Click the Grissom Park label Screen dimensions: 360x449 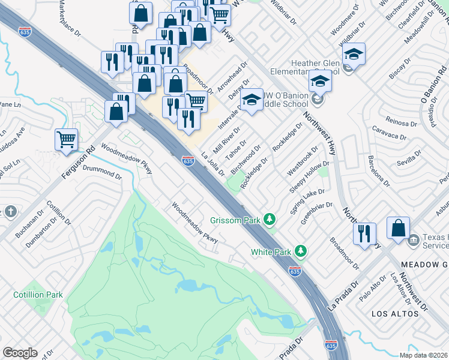coord(235,220)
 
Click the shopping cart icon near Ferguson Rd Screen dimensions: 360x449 coord(67,140)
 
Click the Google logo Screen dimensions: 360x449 coord(20,352)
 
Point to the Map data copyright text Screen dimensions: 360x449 coord(423,355)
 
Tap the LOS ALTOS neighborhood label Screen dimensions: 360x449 coord(394,314)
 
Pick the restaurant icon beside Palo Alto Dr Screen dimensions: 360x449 coord(364,233)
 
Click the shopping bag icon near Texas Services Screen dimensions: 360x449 coord(398,228)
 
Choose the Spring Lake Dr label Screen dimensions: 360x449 coord(307,201)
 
